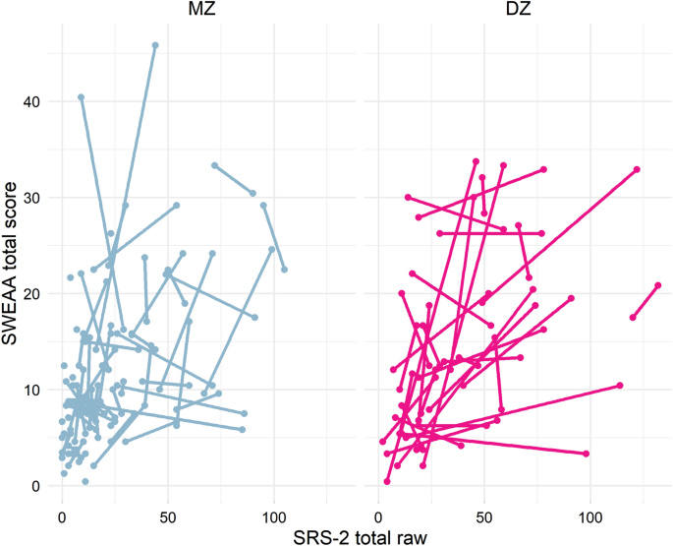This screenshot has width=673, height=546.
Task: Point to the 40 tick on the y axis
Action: click(x=34, y=101)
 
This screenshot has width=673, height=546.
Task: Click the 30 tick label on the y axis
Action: click(x=34, y=198)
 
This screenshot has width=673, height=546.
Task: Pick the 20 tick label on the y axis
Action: click(x=34, y=293)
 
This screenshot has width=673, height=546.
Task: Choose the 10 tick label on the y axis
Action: click(x=34, y=390)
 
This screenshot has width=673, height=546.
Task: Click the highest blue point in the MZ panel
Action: click(x=155, y=45)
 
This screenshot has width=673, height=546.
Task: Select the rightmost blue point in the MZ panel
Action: click(x=284, y=270)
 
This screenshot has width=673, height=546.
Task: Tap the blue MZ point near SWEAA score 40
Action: click(x=81, y=97)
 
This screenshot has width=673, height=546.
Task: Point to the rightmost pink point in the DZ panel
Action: click(x=657, y=285)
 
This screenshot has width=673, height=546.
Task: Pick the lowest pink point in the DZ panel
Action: click(x=387, y=482)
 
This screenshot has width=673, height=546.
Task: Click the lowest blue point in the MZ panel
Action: click(x=85, y=481)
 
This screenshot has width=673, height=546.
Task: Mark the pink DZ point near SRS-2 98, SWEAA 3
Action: click(x=587, y=454)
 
